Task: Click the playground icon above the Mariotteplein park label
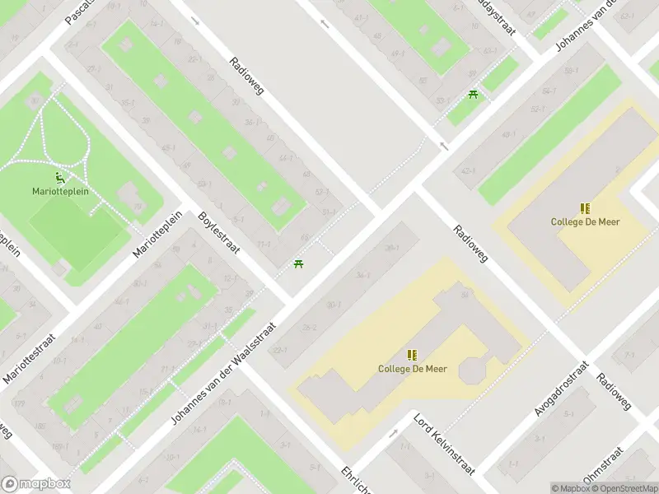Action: (x=60, y=176)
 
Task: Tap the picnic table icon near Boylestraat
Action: (x=298, y=264)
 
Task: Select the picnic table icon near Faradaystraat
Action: (x=473, y=96)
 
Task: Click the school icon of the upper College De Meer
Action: (x=585, y=208)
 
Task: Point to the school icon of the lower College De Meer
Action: (x=412, y=355)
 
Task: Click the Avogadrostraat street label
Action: (x=563, y=387)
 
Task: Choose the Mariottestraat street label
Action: (x=30, y=357)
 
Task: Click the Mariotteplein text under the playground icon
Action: (x=59, y=192)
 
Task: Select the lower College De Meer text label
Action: (x=412, y=369)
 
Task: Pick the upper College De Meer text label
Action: (x=585, y=221)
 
